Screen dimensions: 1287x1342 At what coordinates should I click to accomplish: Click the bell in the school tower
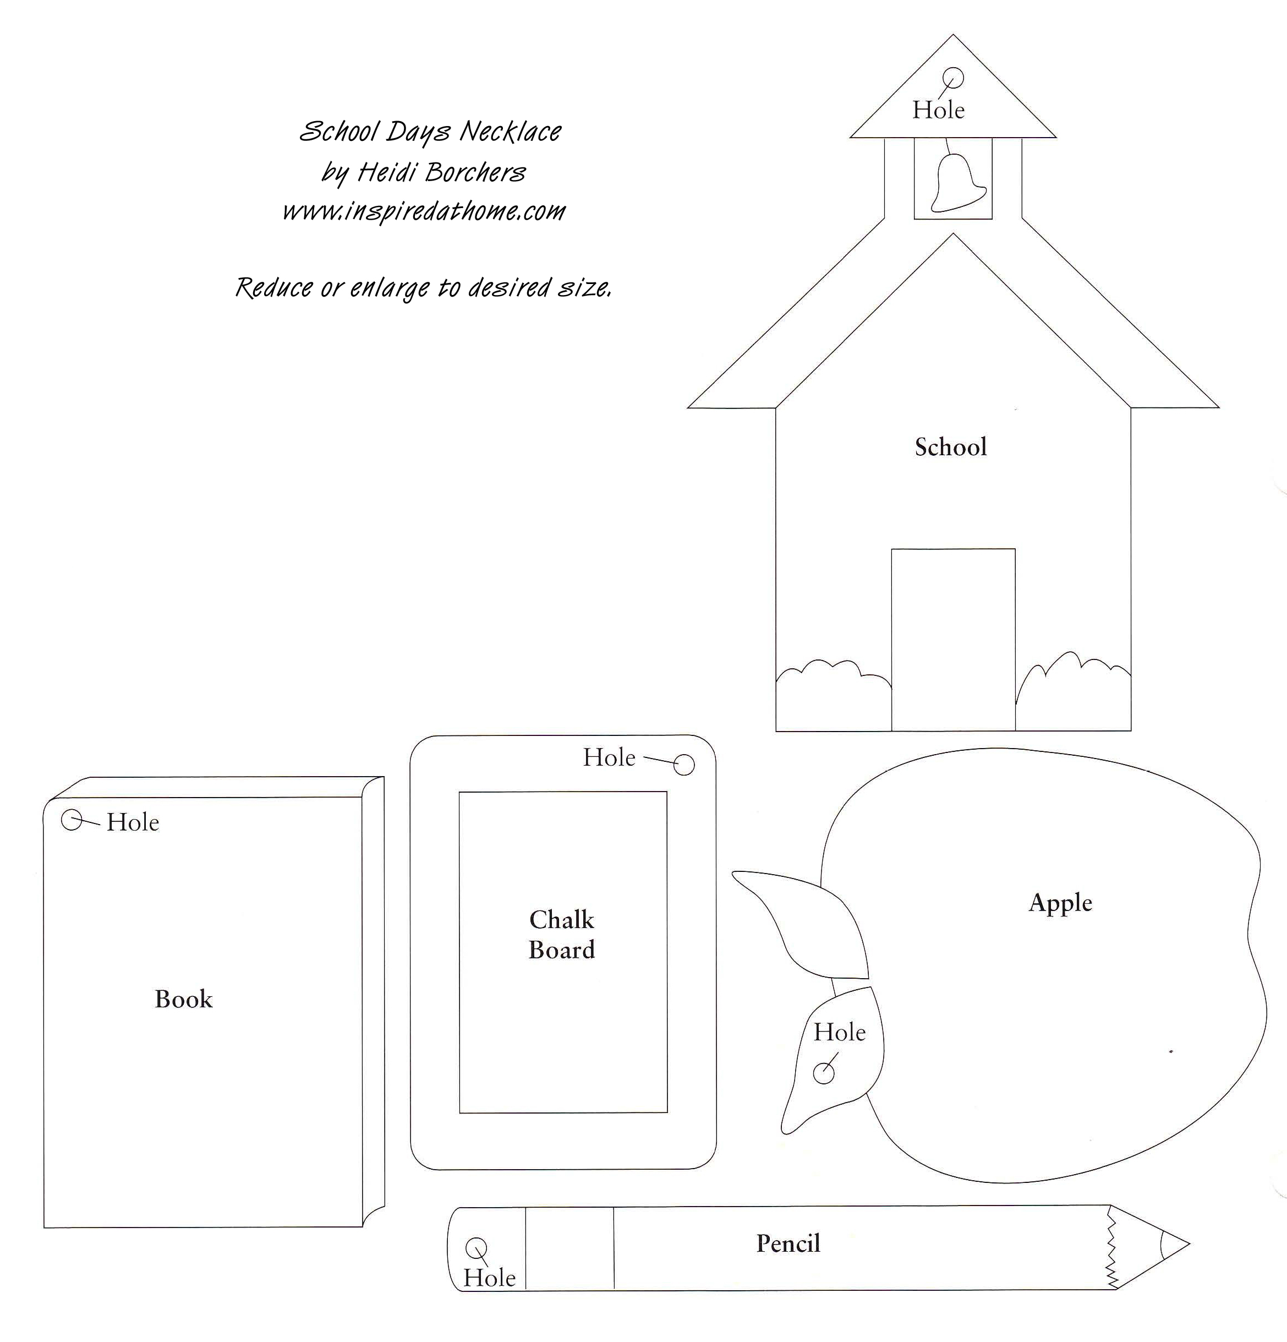[x=959, y=182]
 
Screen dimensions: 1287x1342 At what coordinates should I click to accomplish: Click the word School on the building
[x=951, y=447]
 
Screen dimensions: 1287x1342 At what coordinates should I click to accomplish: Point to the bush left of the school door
[x=834, y=695]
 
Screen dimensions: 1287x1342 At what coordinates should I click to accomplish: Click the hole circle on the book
[x=72, y=820]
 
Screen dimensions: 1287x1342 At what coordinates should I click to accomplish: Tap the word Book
[x=183, y=999]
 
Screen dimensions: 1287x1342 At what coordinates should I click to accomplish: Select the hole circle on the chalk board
[x=684, y=765]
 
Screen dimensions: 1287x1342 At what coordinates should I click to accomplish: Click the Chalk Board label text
[x=562, y=935]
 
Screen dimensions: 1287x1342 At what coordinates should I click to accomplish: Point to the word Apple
[x=1060, y=903]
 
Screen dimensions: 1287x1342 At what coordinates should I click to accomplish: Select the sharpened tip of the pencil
[x=1189, y=1243]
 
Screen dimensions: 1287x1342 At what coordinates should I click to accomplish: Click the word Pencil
[x=788, y=1243]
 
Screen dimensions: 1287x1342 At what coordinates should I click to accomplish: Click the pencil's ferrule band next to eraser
[x=569, y=1248]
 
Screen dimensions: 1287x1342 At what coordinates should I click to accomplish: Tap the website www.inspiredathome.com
[x=424, y=211]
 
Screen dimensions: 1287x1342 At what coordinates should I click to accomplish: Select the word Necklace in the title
[x=510, y=131]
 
